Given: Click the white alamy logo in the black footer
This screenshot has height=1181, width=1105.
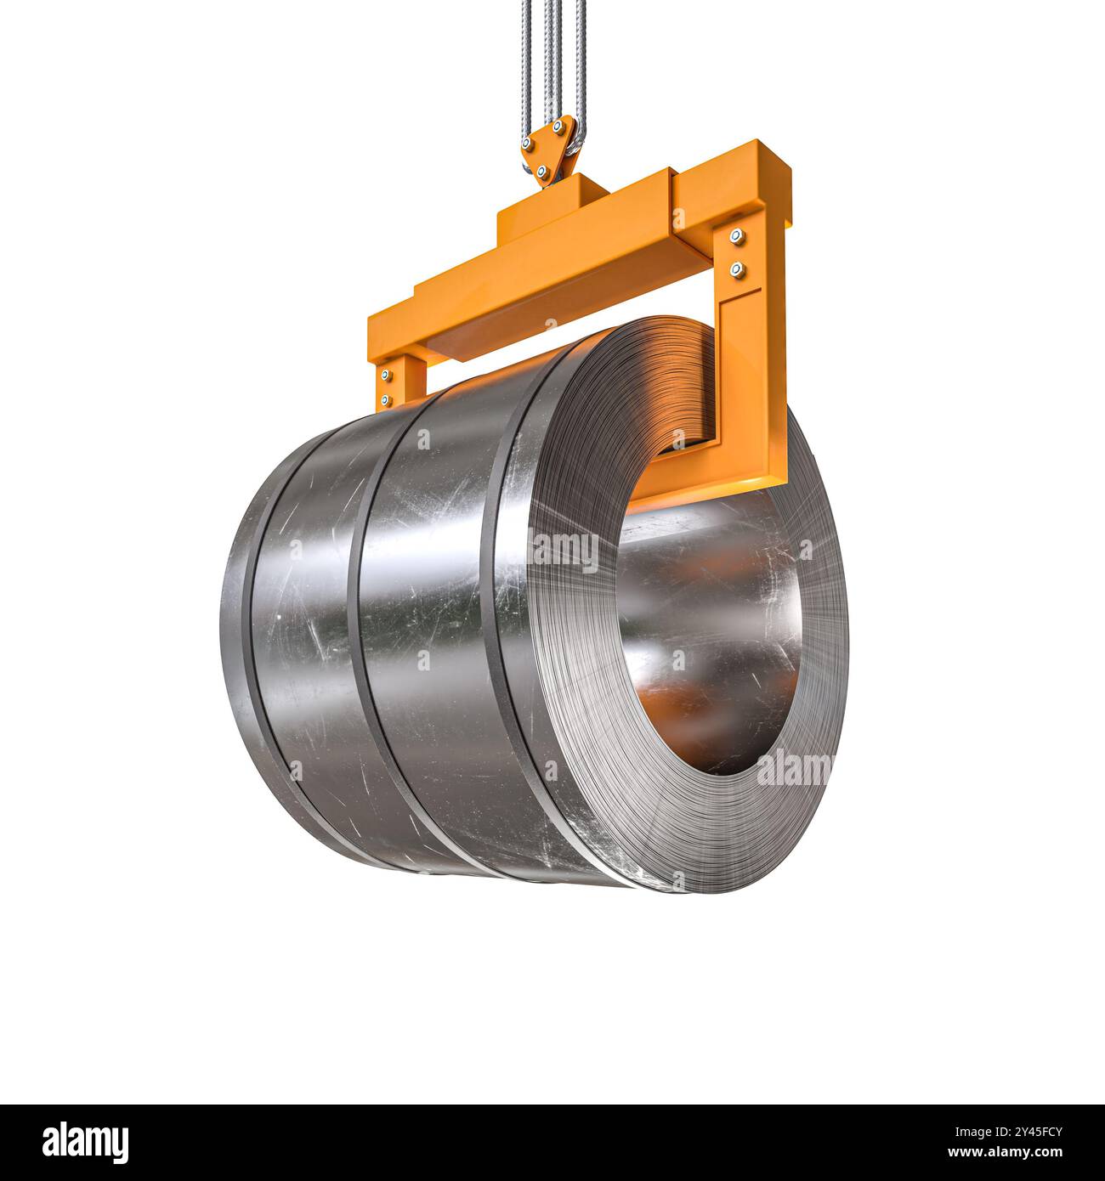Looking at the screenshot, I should tap(86, 1141).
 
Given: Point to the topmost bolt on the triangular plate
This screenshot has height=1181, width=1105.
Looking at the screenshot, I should tap(558, 127).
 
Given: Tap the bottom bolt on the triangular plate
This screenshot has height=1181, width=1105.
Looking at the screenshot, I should tap(540, 172).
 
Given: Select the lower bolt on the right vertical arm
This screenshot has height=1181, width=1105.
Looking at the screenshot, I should tap(737, 270).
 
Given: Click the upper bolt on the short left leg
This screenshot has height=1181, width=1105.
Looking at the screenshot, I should tap(388, 374).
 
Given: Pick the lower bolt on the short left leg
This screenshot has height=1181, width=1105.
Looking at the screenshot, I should tap(387, 399).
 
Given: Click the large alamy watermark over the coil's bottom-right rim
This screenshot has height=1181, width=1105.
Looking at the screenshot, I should tap(795, 770).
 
